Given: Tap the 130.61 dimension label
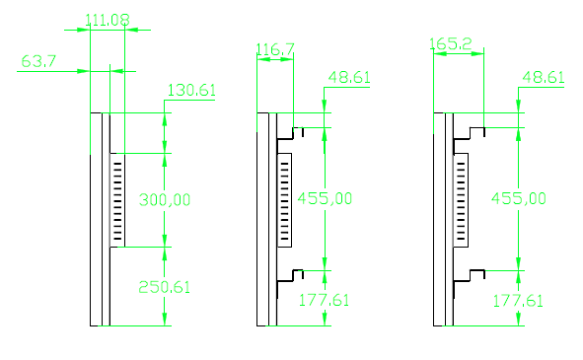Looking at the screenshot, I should point(191,91).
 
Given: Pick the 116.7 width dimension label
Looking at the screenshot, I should point(275,48).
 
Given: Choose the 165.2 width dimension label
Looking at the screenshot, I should point(450,44).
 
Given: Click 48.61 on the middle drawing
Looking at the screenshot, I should point(349,77).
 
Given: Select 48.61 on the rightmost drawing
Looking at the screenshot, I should point(544,77).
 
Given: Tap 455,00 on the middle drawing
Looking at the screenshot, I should point(325,198).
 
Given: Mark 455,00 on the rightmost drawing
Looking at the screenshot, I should point(519,198).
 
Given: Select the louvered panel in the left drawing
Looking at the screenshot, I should point(117,198).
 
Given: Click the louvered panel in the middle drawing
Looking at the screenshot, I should point(285,198).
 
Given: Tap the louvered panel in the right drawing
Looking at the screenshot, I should point(461,198).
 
